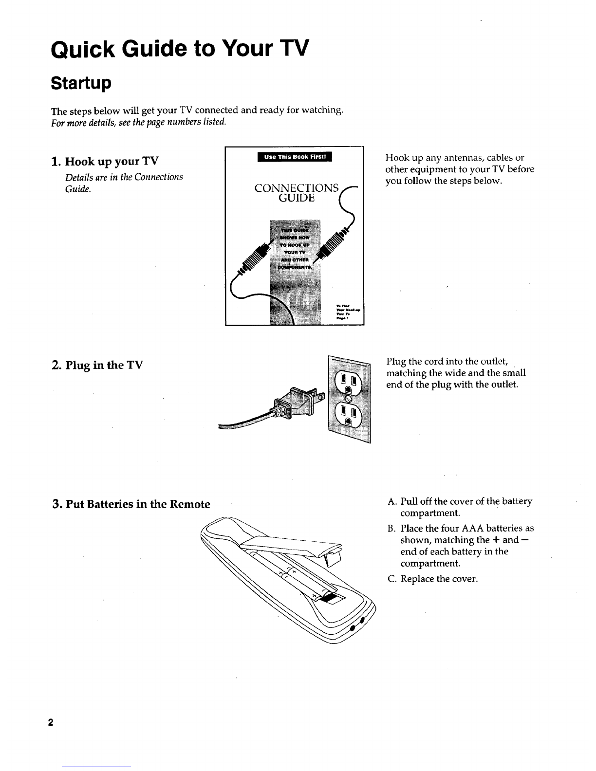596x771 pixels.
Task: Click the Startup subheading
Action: tap(81, 83)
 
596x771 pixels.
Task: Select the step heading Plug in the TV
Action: tap(97, 365)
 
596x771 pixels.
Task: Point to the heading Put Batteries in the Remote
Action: tap(130, 504)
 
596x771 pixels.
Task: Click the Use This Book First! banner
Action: tap(295, 157)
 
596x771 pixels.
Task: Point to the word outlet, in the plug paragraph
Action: tap(494, 361)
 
